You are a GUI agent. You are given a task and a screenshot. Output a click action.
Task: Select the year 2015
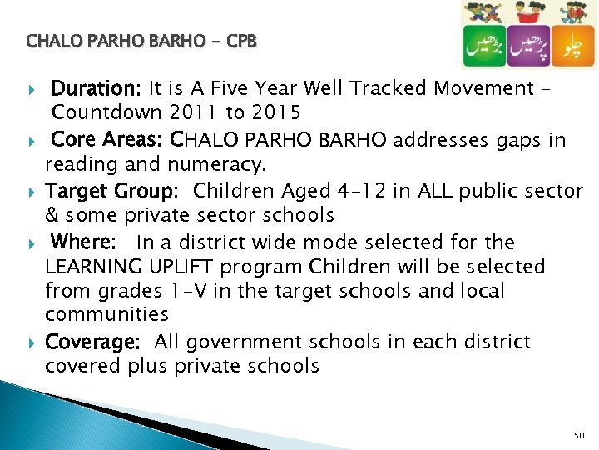click(x=278, y=112)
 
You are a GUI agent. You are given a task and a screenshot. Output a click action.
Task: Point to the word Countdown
click(x=106, y=112)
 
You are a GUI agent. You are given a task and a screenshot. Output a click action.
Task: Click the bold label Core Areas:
click(x=106, y=139)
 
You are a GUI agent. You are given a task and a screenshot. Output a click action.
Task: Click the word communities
click(x=106, y=314)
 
